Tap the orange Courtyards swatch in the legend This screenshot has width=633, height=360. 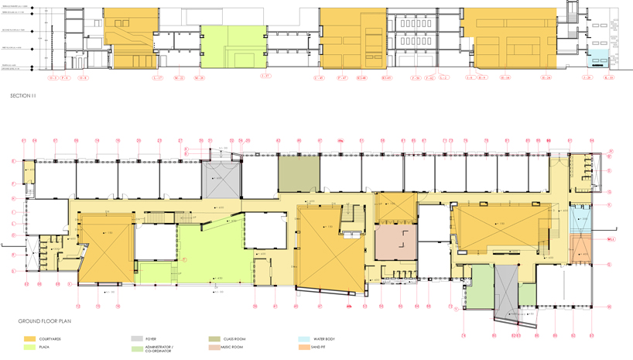point(30,339)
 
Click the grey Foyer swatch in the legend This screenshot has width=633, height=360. point(136,339)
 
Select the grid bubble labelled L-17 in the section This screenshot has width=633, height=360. point(158,78)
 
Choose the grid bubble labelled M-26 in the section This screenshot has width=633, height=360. point(199,78)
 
